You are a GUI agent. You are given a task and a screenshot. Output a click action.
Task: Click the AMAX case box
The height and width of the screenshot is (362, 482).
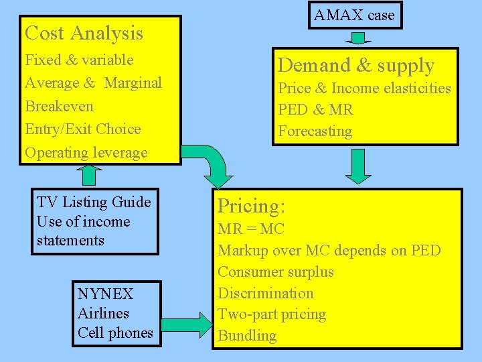[355, 15]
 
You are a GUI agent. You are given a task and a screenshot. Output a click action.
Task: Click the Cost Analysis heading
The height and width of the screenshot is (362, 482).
[84, 33]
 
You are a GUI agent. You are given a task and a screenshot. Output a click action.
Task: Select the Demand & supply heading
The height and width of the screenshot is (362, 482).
[356, 65]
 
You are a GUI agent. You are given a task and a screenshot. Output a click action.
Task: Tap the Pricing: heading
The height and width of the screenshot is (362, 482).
[252, 206]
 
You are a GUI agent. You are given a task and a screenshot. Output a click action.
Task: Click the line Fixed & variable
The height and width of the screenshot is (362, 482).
[79, 60]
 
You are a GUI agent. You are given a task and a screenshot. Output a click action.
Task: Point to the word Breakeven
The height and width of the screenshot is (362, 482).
[59, 107]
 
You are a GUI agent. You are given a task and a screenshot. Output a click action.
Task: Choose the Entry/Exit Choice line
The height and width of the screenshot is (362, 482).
[82, 129]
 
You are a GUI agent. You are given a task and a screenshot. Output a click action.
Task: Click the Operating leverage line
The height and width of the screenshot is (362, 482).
[86, 153]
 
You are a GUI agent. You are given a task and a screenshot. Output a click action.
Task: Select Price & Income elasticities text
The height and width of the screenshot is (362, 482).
[364, 88]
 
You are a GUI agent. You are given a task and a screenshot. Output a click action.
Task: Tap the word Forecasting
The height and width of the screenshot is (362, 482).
[315, 131]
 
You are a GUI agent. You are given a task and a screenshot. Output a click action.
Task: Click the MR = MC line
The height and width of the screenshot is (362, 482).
[251, 229]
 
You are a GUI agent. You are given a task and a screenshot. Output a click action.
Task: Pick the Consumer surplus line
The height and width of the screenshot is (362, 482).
[276, 272]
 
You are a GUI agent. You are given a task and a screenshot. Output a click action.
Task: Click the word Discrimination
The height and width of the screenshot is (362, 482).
[266, 294]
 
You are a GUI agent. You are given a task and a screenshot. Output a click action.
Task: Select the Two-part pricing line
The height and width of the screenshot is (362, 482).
[272, 314]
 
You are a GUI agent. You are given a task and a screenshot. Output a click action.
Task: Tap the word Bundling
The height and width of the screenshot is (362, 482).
[247, 336]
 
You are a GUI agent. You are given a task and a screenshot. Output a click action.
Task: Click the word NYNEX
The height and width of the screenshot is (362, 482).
[105, 294]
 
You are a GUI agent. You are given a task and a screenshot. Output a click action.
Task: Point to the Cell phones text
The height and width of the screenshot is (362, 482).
[115, 333]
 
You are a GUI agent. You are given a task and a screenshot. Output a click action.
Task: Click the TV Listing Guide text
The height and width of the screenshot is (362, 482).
[94, 202]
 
